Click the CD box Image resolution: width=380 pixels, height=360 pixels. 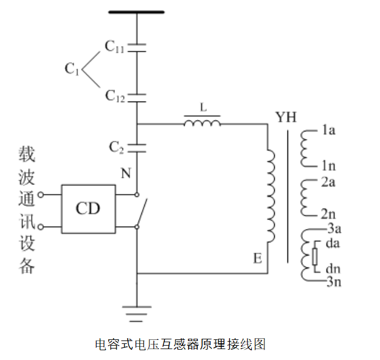[88, 209]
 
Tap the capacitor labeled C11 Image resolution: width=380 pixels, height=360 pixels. [137, 47]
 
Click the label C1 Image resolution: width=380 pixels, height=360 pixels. [72, 69]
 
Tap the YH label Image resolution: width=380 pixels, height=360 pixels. [286, 118]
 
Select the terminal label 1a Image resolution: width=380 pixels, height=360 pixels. [328, 131]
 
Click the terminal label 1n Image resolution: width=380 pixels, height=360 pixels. [328, 167]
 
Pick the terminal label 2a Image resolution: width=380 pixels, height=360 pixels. [328, 183]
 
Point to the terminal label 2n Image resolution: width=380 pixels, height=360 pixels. [328, 215]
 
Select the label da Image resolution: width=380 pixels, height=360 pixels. [333, 244]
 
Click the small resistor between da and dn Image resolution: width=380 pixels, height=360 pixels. [314, 257]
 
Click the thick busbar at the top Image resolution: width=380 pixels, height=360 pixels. [137, 11]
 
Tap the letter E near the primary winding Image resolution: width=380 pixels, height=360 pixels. [258, 259]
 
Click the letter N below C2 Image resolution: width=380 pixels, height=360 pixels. [125, 173]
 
